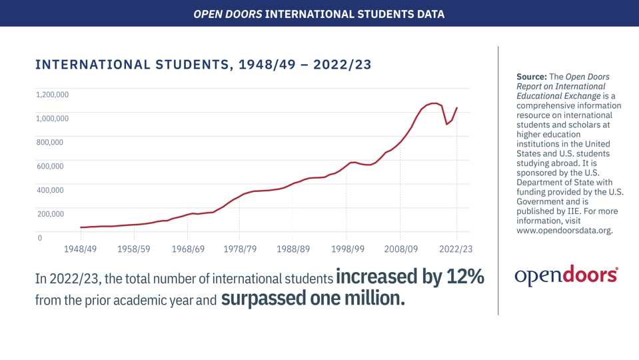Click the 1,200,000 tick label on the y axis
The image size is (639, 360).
(53, 95)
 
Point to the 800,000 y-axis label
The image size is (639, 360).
(49, 143)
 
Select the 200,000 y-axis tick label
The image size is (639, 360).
(49, 214)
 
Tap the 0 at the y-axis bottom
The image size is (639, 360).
(39, 238)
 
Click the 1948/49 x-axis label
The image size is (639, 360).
(80, 249)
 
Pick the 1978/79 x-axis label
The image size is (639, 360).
(240, 249)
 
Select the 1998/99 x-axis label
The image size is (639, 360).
(347, 249)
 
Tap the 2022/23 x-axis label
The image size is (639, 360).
(456, 249)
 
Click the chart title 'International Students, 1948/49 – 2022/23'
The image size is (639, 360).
(203, 65)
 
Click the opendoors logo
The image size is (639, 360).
(566, 275)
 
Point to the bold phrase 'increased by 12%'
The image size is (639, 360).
(410, 277)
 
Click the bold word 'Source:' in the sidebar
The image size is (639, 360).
(531, 77)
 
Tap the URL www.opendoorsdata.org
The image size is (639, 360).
(564, 231)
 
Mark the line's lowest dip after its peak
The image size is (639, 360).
(446, 124)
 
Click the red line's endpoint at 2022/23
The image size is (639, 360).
(456, 107)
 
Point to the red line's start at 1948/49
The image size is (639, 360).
(81, 227)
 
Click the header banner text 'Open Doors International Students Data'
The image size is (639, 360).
(319, 13)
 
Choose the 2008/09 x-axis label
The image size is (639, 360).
(400, 249)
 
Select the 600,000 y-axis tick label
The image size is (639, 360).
(49, 167)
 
